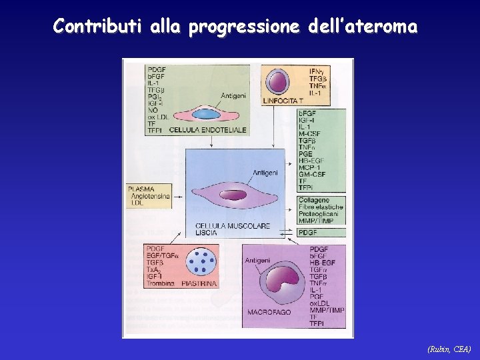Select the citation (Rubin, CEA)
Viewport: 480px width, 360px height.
[x=449, y=349]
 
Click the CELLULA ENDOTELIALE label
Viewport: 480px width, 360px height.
[x=208, y=129]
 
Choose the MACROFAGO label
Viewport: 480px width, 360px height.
[x=269, y=312]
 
